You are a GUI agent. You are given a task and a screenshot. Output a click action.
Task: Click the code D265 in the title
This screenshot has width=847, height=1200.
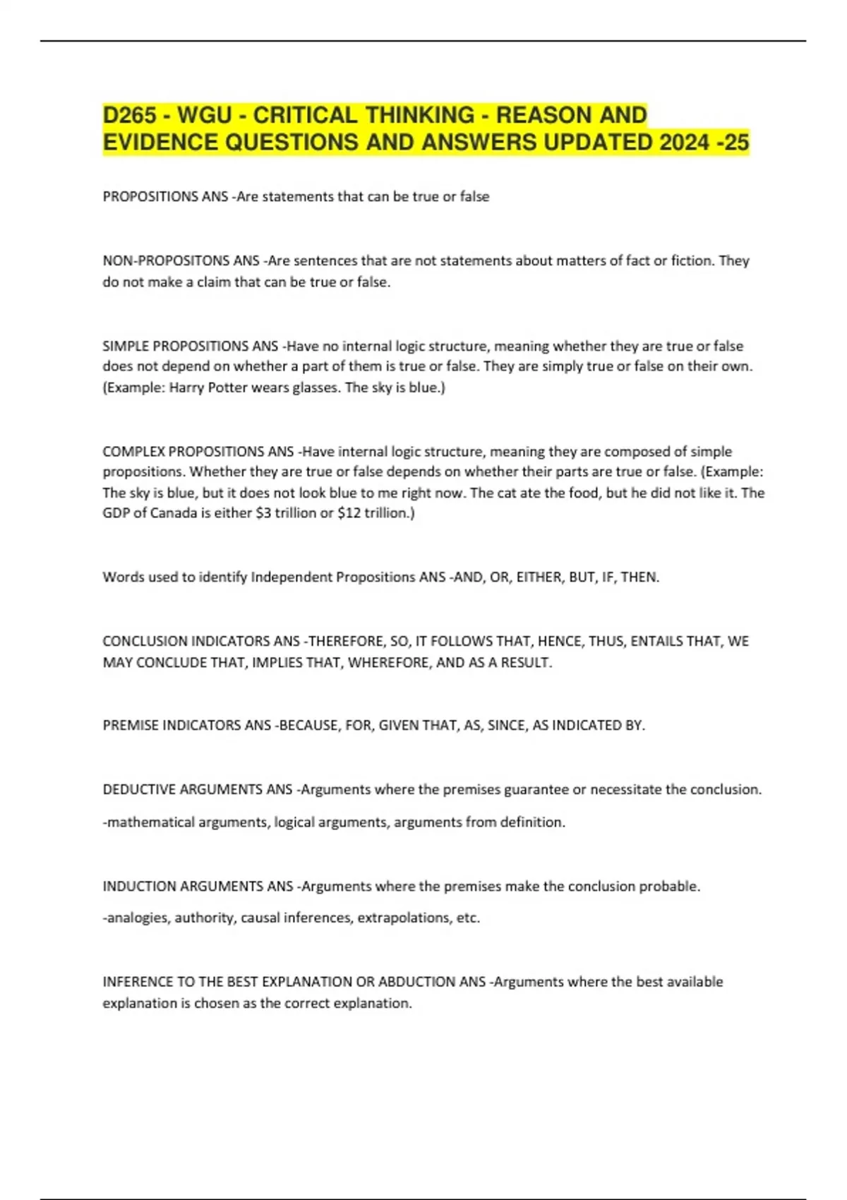pos(130,115)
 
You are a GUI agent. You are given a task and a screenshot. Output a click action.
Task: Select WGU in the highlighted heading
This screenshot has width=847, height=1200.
pos(204,115)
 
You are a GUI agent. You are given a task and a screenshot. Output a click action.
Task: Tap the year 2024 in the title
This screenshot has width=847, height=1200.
pos(684,143)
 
